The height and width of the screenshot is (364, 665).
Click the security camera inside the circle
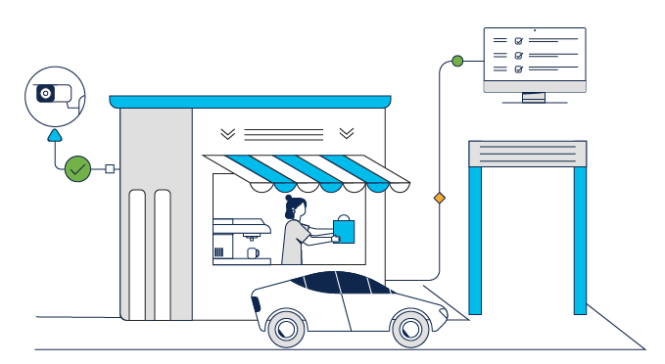[x=55, y=94]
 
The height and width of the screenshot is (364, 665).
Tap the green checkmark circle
[x=77, y=168]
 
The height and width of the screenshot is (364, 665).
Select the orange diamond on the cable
[x=439, y=198]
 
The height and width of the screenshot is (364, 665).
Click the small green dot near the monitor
[x=457, y=62]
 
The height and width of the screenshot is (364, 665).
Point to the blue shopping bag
[x=345, y=230]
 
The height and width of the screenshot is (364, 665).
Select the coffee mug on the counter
[x=253, y=252]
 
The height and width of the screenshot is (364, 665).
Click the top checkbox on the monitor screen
[x=519, y=41]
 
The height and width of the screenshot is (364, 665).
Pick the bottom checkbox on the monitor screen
[x=519, y=69]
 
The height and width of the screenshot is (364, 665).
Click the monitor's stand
[x=534, y=97]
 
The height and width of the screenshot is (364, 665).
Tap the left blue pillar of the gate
[x=476, y=240]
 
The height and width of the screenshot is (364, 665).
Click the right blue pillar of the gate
[x=580, y=240]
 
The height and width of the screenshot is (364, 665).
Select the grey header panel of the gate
[x=528, y=154]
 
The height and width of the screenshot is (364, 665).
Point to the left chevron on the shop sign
[x=227, y=133]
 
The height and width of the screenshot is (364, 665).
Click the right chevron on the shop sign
[x=347, y=133]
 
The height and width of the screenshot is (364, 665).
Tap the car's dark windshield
[x=368, y=285]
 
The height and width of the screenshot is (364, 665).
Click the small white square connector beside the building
[x=110, y=168]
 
